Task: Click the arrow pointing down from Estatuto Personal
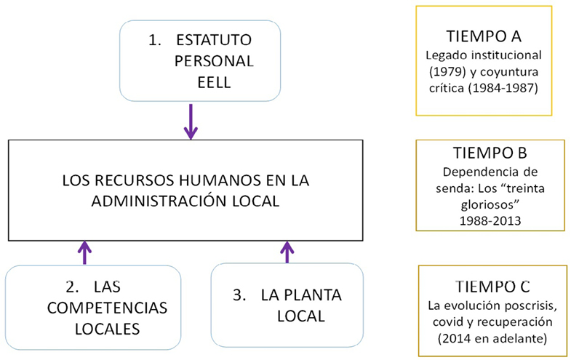tap(191, 121)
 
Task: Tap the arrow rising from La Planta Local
tap(287, 252)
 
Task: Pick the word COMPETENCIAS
tap(105, 308)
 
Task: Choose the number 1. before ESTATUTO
tap(154, 41)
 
